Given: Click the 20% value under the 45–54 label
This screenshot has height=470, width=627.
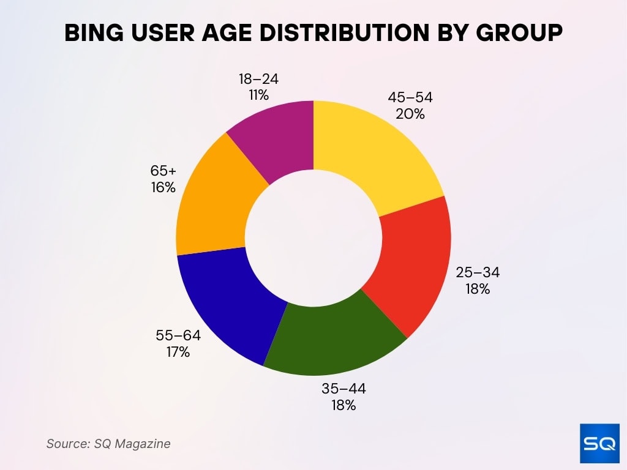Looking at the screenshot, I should coord(410,114).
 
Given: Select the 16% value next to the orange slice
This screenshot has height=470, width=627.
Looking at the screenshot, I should coord(163,187).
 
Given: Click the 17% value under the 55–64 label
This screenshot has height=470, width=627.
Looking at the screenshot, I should coord(178,352).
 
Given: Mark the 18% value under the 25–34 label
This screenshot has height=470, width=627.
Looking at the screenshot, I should coord(478,289).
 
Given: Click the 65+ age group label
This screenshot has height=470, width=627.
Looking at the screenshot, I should coord(163,171).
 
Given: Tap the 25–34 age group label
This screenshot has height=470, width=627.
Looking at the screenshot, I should coord(478,273).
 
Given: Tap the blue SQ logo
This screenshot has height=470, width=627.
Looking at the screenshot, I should coord(599,443).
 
